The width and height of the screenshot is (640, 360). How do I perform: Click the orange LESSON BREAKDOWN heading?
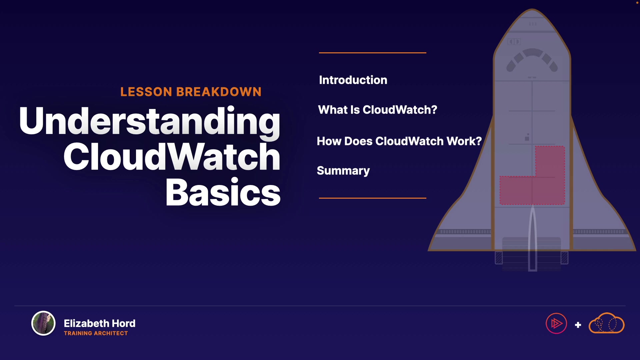(x=191, y=92)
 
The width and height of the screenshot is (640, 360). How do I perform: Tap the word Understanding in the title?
(x=150, y=122)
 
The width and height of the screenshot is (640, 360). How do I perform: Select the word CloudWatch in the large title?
(x=172, y=157)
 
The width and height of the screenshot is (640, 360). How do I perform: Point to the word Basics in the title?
(x=223, y=192)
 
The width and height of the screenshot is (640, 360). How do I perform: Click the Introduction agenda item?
(x=353, y=80)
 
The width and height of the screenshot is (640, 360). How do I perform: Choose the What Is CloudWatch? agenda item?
(x=377, y=110)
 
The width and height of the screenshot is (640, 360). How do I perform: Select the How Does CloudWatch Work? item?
(x=399, y=141)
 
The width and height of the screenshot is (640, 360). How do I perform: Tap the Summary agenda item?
(x=343, y=171)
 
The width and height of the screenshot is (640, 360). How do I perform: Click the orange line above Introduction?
(x=373, y=53)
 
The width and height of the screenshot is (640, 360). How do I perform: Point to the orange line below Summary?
(x=373, y=198)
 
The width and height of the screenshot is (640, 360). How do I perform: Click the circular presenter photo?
(x=43, y=323)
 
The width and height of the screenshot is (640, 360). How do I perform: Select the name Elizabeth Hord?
(x=100, y=323)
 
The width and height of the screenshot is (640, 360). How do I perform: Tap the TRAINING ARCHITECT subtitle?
(x=96, y=333)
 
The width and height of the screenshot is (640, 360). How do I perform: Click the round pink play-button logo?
(x=556, y=323)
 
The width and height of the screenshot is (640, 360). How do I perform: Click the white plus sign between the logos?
(x=578, y=325)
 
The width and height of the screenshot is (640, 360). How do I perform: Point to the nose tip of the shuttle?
(x=532, y=9)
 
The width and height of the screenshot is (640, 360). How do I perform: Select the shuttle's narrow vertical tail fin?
(x=533, y=238)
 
